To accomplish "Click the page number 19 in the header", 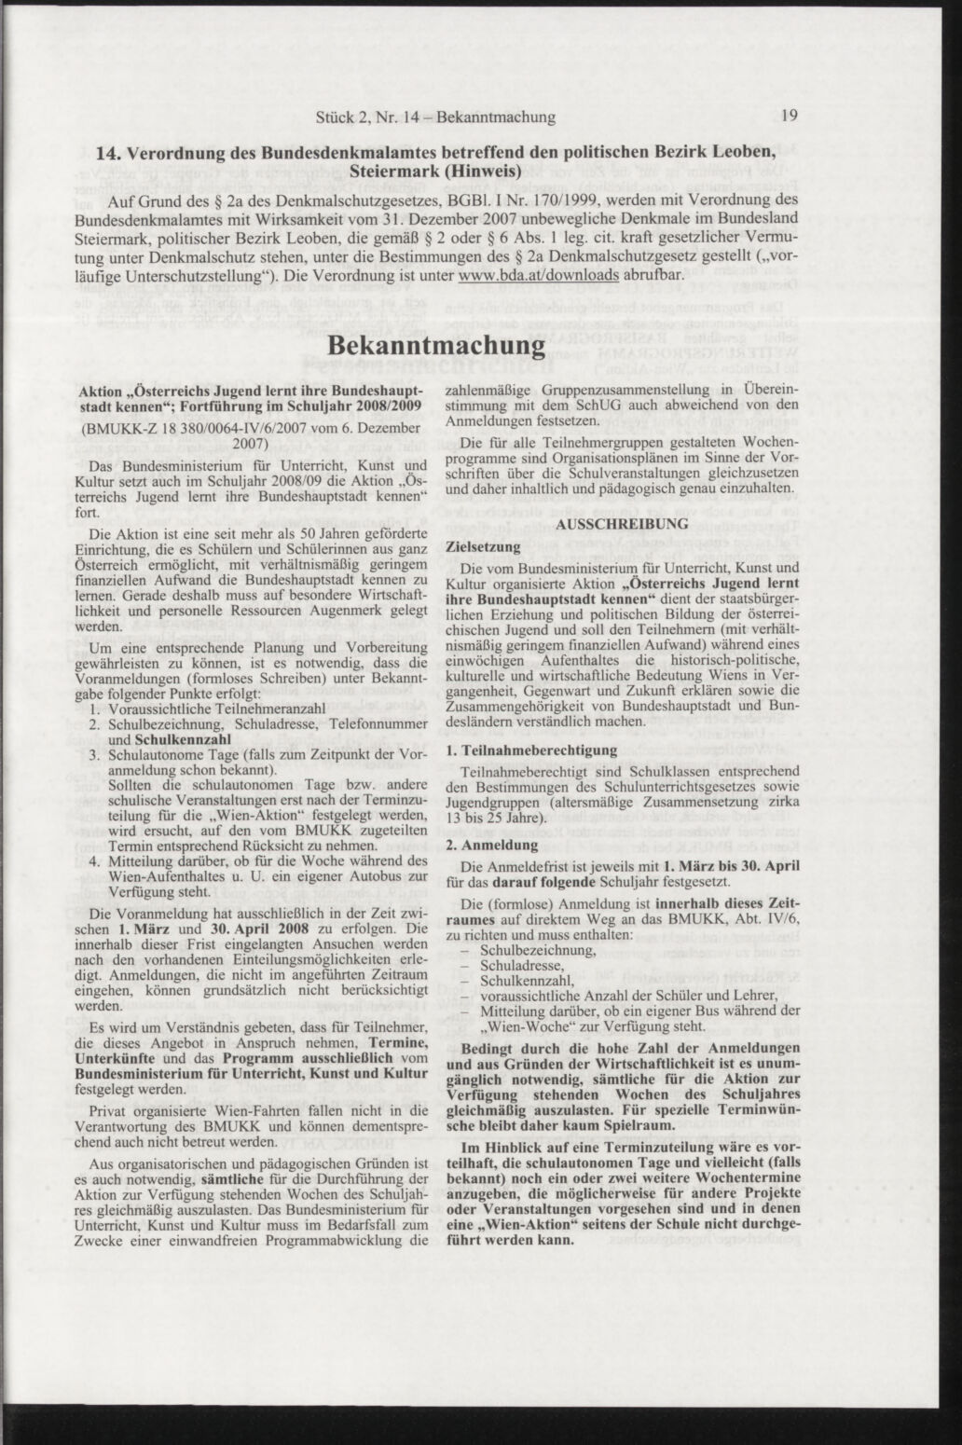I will click(x=789, y=117).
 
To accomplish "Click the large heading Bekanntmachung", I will click(x=436, y=344).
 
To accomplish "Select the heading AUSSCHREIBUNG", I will click(x=622, y=525).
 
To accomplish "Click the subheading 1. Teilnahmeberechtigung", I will click(x=531, y=750).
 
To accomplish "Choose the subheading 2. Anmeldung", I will click(x=492, y=845).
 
